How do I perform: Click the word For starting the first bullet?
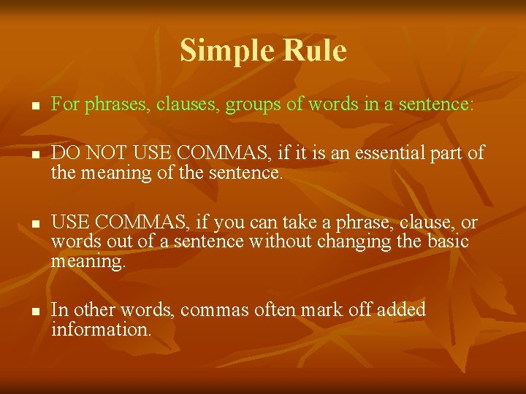65,104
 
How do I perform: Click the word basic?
448,242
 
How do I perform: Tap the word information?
101,329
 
